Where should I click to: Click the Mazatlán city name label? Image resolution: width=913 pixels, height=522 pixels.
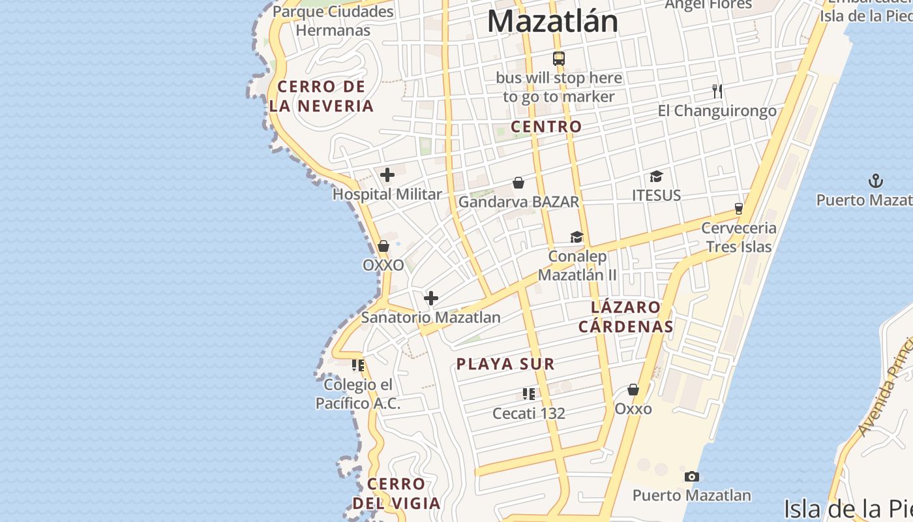tap(552, 21)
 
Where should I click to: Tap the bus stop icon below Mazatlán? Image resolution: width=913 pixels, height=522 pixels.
tap(559, 59)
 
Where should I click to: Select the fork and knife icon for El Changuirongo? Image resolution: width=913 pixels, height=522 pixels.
tap(717, 91)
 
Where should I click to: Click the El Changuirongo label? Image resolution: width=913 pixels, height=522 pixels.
tap(717, 110)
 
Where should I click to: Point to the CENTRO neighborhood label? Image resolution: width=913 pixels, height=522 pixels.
tap(546, 127)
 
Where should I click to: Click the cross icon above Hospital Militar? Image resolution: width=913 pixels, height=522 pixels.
tap(387, 175)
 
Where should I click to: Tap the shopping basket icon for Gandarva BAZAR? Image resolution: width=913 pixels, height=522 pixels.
tap(518, 183)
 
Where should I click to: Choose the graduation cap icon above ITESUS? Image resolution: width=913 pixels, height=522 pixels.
tap(656, 176)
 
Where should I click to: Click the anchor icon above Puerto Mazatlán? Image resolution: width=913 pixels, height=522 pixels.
tap(876, 181)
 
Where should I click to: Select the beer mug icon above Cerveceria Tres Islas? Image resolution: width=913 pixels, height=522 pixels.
tap(739, 209)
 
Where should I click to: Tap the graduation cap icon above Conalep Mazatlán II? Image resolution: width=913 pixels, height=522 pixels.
tap(576, 237)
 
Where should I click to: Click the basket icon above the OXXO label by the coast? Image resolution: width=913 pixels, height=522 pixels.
tap(383, 246)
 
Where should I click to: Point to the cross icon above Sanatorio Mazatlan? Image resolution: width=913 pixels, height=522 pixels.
tap(431, 298)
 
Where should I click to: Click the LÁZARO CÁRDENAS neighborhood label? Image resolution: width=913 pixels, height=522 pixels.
tap(625, 316)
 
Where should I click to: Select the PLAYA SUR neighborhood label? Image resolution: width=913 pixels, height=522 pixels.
tap(505, 364)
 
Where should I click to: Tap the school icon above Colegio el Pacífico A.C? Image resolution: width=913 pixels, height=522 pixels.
tap(358, 365)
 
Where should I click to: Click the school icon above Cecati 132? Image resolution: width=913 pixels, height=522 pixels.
tap(529, 393)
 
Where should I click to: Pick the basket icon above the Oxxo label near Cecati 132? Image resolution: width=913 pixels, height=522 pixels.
tap(633, 390)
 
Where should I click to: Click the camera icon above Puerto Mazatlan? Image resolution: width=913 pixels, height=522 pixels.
tap(692, 476)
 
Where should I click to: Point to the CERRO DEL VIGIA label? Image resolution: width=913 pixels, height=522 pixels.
tap(397, 493)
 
